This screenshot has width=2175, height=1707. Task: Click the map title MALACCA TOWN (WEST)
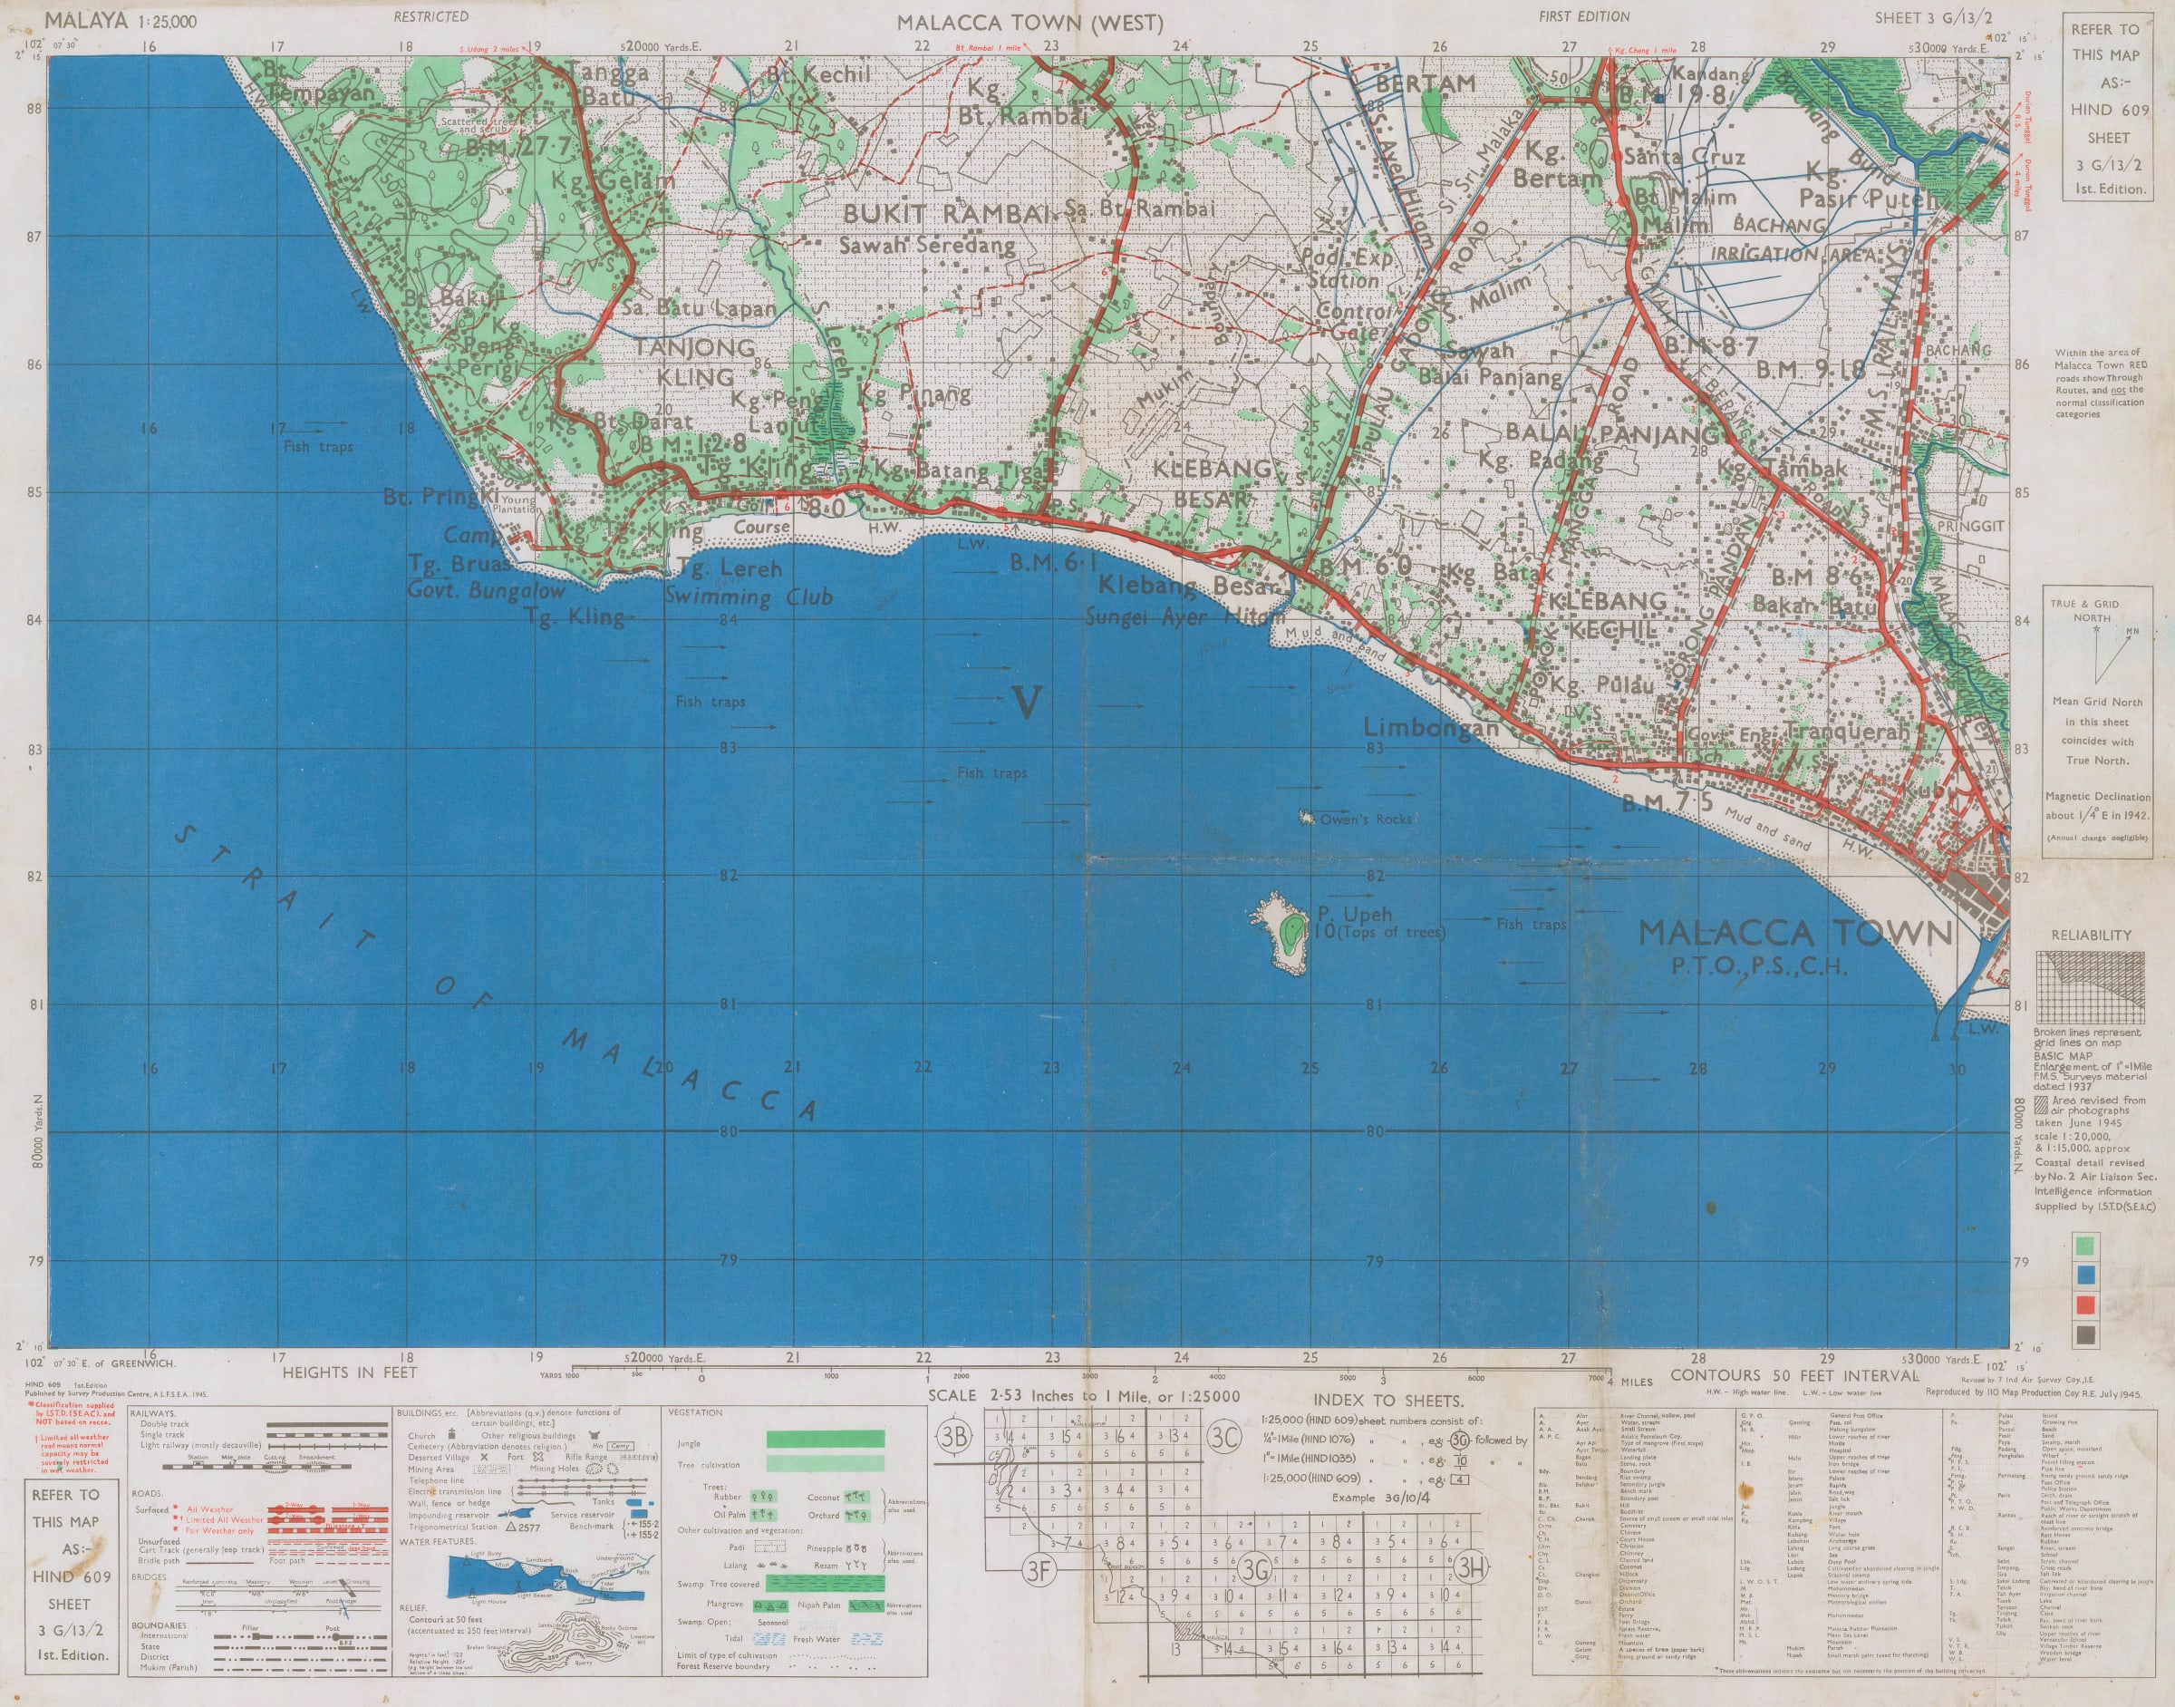1029,23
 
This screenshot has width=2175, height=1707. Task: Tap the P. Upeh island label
1354,914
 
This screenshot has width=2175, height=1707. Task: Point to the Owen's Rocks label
1365,819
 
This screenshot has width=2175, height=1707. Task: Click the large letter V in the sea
1026,703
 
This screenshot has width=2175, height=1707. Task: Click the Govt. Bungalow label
486,591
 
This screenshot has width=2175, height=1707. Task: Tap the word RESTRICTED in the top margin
430,16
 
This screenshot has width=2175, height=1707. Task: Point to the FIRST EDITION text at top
1583,16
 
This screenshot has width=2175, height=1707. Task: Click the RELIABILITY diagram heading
2090,935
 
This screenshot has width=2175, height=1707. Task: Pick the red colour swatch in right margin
2086,1304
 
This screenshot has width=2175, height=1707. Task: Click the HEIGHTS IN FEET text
349,1372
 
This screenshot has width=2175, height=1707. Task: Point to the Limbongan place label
1431,728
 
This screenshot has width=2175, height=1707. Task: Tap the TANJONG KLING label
695,362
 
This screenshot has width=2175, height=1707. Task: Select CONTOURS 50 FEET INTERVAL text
1794,1374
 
